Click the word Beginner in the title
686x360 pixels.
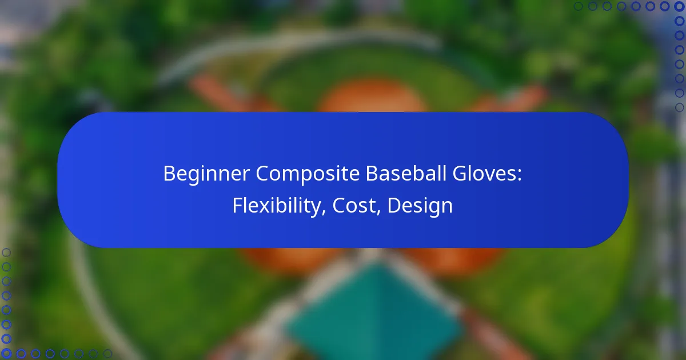pyautogui.click(x=206, y=174)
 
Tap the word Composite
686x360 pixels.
pyautogui.click(x=308, y=174)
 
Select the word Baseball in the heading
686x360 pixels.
pyautogui.click(x=406, y=173)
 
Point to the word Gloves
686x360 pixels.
pyautogui.click(x=484, y=173)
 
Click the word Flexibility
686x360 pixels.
pyautogui.click(x=277, y=206)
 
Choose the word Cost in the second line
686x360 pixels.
pyautogui.click(x=354, y=205)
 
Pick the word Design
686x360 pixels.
pyautogui.click(x=420, y=206)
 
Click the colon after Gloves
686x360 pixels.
pyautogui.click(x=519, y=175)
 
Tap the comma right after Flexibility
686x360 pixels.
pyautogui.click(x=324, y=211)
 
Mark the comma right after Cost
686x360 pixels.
pyautogui.click(x=378, y=211)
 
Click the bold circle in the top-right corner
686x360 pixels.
pyautogui.click(x=679, y=6)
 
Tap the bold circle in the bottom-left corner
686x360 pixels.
pyautogui.click(x=6, y=353)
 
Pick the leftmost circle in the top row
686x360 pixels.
pyautogui.click(x=578, y=6)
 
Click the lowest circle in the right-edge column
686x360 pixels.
pyautogui.click(x=679, y=107)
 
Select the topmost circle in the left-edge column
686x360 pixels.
pyautogui.click(x=6, y=253)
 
